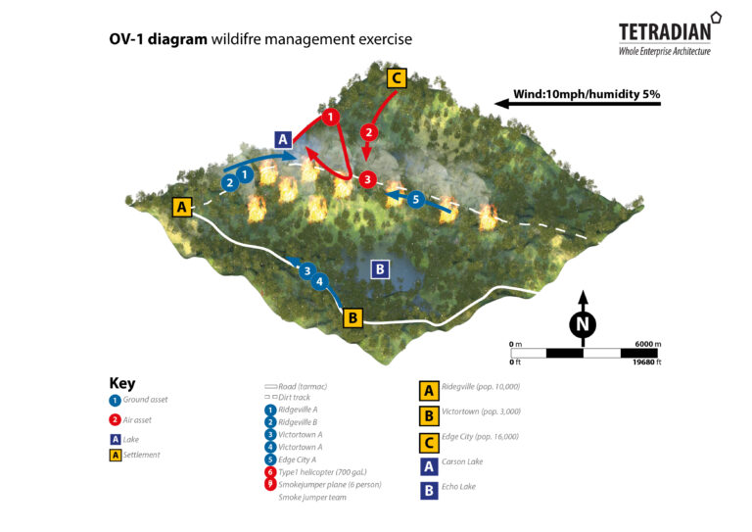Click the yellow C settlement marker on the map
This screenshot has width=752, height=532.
click(396, 78)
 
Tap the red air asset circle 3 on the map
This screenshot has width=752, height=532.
click(366, 179)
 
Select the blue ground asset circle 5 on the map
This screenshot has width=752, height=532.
click(415, 199)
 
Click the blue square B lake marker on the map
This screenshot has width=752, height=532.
click(381, 268)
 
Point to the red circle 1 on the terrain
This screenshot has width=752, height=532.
click(331, 118)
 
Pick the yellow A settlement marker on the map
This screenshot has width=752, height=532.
click(181, 207)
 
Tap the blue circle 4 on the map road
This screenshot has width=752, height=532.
click(319, 281)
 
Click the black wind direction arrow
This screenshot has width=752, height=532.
click(578, 102)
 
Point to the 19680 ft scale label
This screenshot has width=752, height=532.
click(644, 363)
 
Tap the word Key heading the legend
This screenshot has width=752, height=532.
click(122, 384)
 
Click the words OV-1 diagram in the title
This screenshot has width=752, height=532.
click(159, 40)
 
